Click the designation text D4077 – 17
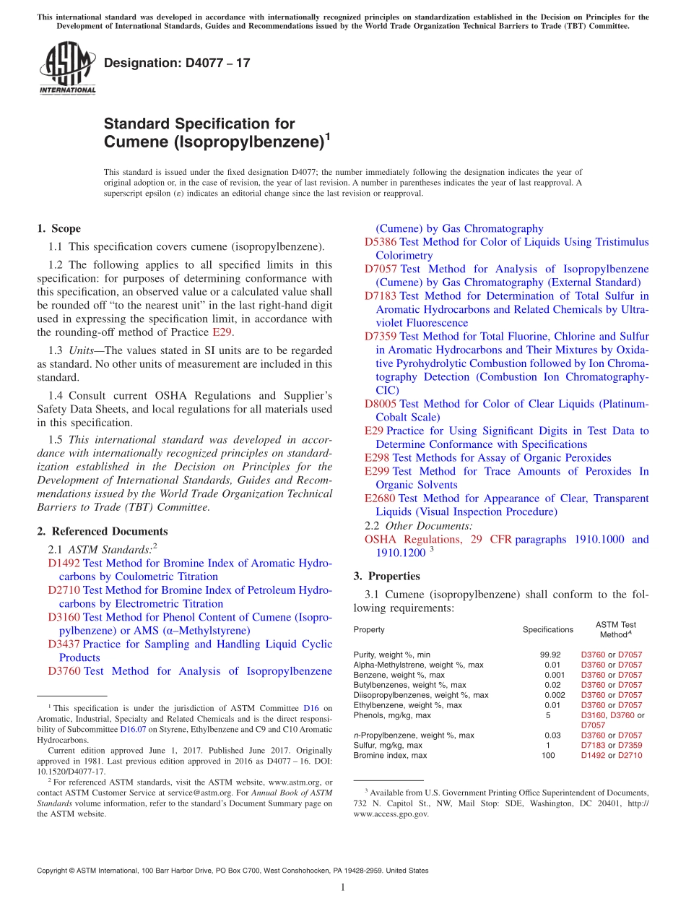[x=177, y=63]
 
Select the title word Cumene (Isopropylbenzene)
[x=213, y=142]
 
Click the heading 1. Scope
[x=58, y=228]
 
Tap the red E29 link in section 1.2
[x=222, y=332]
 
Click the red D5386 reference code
[x=381, y=242]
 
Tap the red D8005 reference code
[x=381, y=404]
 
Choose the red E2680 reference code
[x=380, y=499]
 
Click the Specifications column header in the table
[x=548, y=629]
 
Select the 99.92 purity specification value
[x=550, y=655]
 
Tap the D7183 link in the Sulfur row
[x=593, y=745]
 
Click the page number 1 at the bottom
[x=343, y=887]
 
